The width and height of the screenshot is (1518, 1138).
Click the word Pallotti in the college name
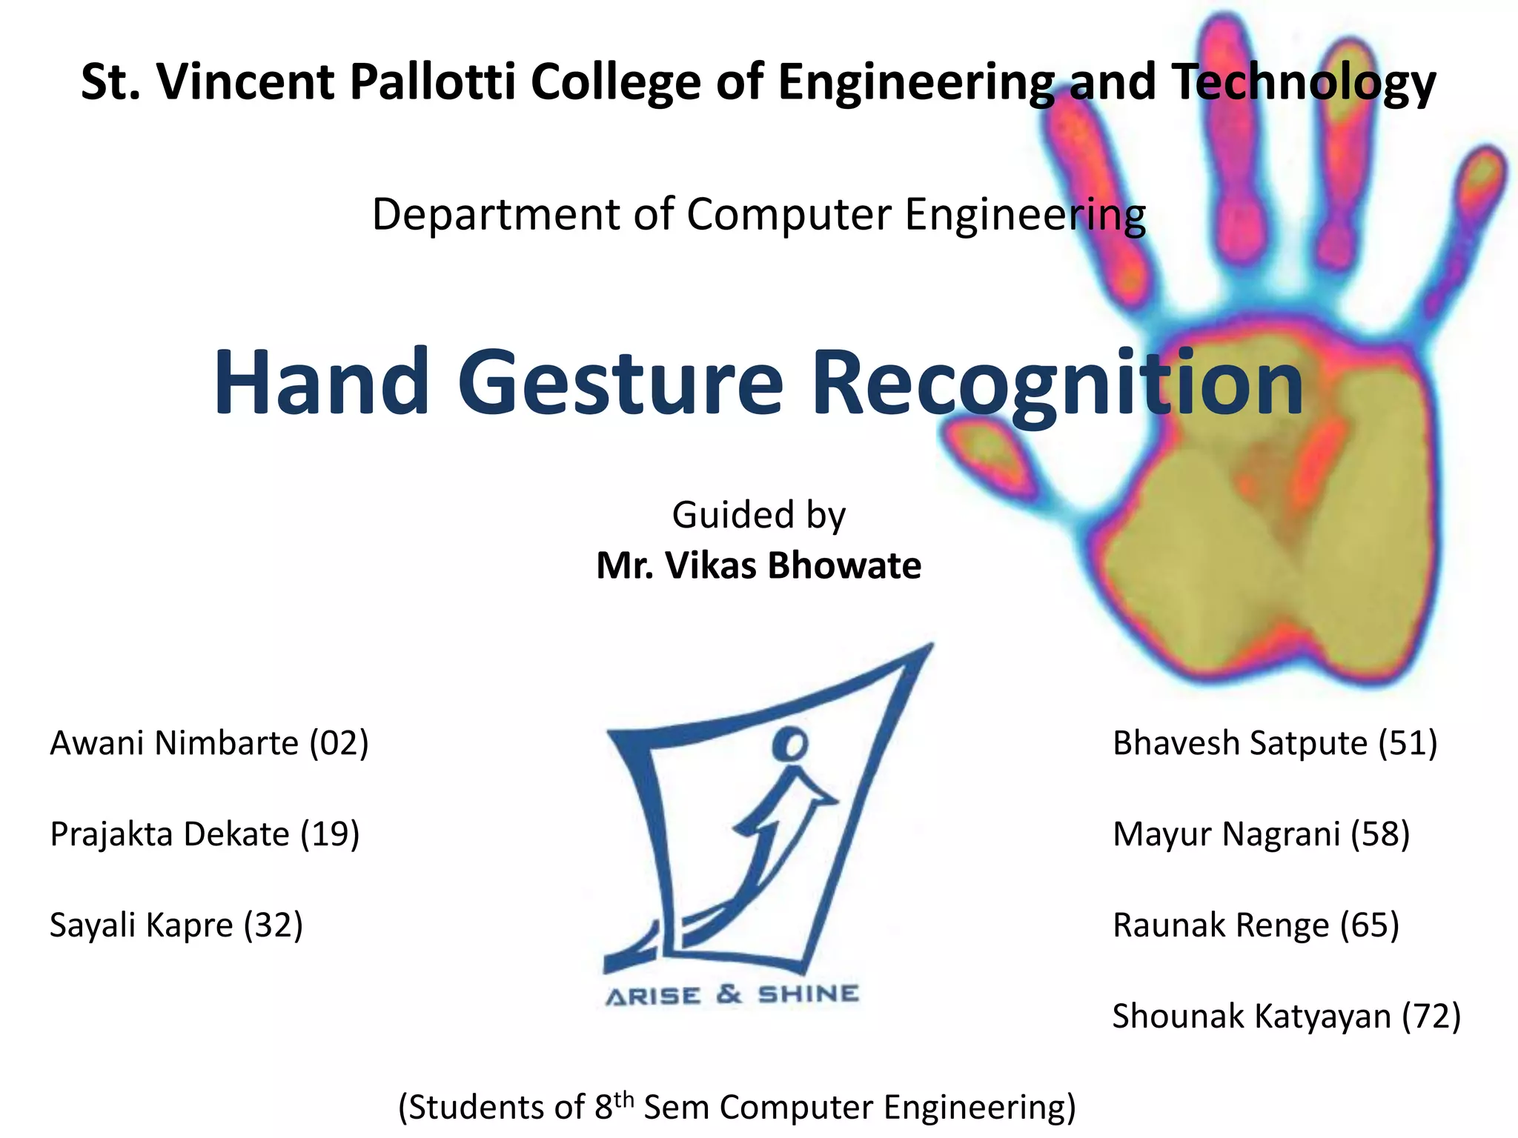click(x=431, y=81)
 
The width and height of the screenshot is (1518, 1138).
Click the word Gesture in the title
click(x=620, y=383)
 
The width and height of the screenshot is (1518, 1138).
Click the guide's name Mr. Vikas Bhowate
click(x=759, y=566)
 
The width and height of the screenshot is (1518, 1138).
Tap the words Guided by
click(x=758, y=515)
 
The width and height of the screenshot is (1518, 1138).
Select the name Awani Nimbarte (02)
click(x=209, y=743)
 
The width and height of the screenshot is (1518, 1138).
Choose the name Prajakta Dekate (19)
click(x=205, y=834)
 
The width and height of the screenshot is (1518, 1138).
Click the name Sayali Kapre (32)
click(x=176, y=925)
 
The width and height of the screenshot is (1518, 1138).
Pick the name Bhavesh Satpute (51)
click(x=1275, y=743)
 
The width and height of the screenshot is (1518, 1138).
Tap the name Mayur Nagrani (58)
click(x=1261, y=834)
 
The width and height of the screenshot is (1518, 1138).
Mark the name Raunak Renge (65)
click(x=1256, y=925)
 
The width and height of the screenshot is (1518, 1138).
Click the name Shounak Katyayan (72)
click(x=1286, y=1016)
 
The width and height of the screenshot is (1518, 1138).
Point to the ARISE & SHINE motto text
click(x=732, y=995)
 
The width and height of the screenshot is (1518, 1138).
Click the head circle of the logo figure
click(x=790, y=744)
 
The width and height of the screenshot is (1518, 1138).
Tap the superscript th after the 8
click(x=624, y=1097)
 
